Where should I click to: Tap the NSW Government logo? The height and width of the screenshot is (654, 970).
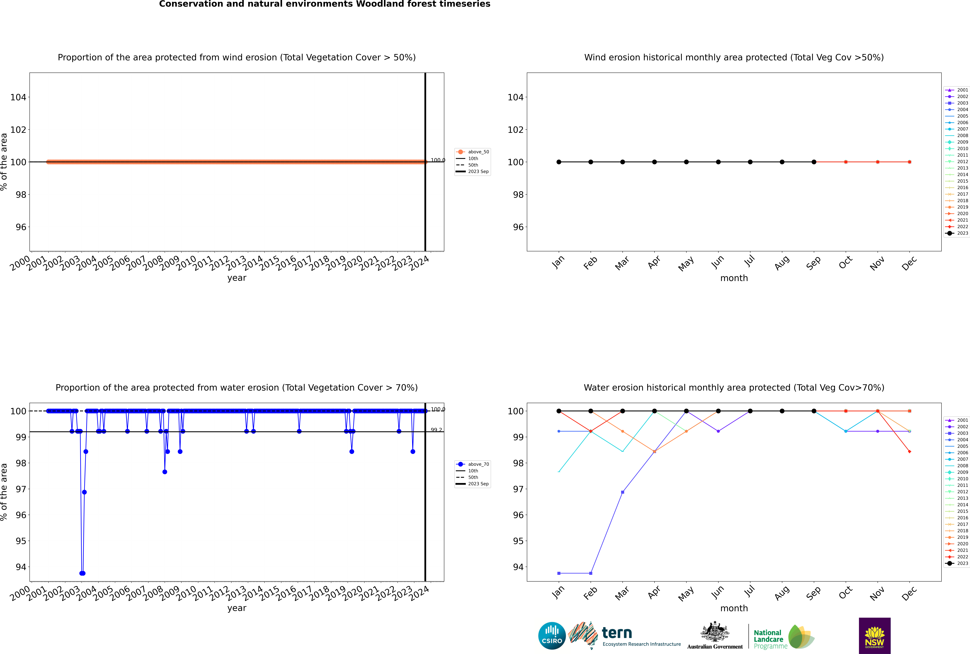click(874, 635)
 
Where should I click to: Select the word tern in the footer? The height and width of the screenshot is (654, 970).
click(617, 633)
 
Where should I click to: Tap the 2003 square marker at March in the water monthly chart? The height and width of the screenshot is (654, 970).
click(623, 492)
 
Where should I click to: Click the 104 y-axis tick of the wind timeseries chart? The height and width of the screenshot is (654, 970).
click(18, 97)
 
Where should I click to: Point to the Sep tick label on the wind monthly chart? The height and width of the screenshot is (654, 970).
click(813, 263)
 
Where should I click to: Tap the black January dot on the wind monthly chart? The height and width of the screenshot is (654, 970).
click(559, 162)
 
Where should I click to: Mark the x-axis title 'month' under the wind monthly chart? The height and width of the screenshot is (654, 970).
click(734, 278)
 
